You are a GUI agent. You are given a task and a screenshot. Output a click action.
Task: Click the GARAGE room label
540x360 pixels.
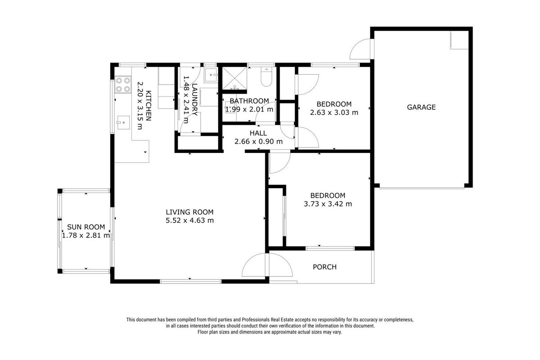(421, 107)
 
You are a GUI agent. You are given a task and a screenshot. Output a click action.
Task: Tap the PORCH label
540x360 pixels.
(325, 267)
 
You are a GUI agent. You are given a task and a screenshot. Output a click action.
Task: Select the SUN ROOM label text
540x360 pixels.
(86, 227)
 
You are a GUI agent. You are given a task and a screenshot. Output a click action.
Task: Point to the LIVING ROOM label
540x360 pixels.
(189, 212)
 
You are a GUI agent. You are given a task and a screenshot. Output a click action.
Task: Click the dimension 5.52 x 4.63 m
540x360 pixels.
(189, 220)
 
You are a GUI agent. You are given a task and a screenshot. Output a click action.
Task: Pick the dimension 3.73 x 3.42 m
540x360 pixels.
(328, 204)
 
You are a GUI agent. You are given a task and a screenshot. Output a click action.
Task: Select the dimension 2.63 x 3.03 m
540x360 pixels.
(334, 112)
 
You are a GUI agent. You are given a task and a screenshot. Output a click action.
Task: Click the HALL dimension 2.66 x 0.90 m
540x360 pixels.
(259, 141)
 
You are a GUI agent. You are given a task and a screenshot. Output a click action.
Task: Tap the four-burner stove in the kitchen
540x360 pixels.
(123, 85)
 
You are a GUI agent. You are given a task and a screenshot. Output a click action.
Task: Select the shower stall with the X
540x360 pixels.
(234, 78)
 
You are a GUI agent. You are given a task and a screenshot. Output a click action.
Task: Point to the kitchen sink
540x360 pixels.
(124, 122)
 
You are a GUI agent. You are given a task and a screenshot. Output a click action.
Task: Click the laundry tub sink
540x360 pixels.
(211, 75)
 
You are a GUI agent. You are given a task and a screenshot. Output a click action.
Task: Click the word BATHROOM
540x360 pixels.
(249, 101)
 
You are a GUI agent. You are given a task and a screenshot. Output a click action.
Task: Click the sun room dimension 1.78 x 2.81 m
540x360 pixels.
(86, 235)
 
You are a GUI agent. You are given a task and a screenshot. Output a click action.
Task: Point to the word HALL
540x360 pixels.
(258, 133)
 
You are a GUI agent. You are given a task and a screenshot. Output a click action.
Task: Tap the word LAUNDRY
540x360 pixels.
(195, 99)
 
